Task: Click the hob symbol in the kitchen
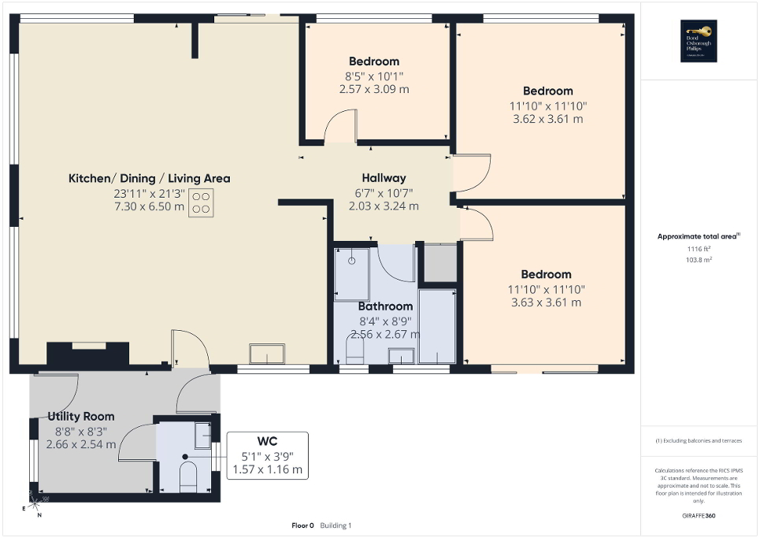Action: (201, 203)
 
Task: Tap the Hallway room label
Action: (384, 178)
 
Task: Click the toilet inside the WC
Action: (188, 477)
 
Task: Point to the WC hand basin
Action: (202, 432)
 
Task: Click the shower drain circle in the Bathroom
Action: (352, 259)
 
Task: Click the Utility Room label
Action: (81, 416)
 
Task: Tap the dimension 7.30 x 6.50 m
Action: (148, 207)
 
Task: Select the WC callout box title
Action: (267, 441)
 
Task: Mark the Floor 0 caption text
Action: (302, 525)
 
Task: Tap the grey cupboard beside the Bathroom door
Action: (439, 263)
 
